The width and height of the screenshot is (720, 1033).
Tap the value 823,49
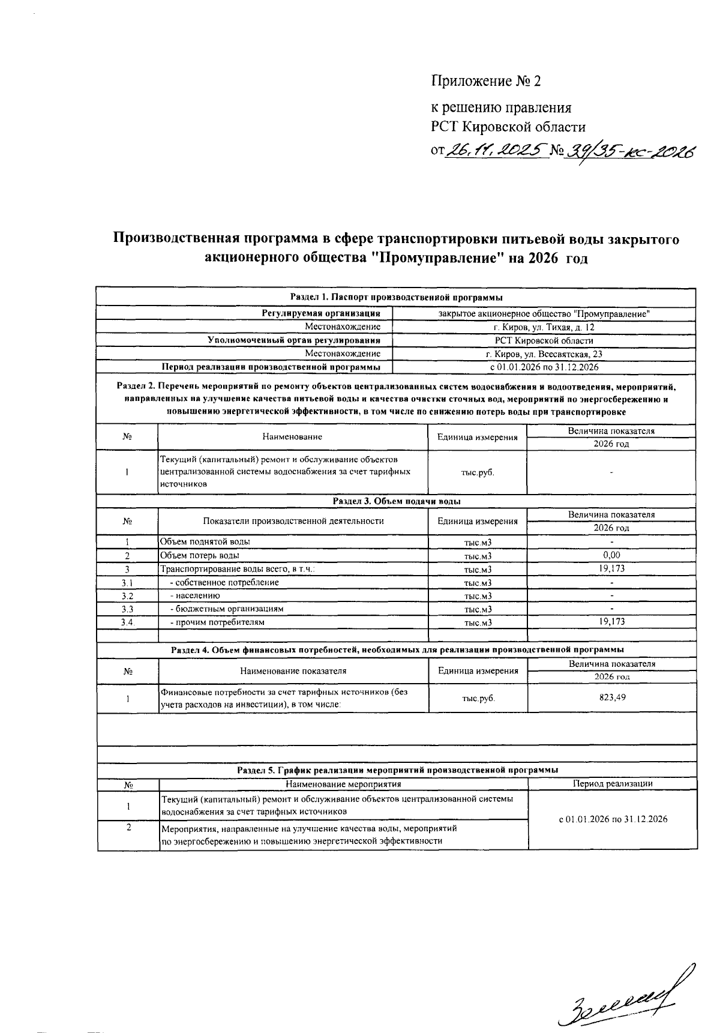tap(611, 697)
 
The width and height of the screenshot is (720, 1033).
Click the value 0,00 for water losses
tap(611, 555)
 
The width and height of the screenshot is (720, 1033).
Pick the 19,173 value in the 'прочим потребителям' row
tap(611, 621)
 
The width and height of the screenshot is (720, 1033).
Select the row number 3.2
tap(127, 596)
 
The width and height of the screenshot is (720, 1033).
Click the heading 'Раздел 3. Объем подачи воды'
tap(397, 501)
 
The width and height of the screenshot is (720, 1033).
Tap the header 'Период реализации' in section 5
tap(612, 783)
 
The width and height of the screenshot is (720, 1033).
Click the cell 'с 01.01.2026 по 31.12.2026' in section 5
tap(612, 819)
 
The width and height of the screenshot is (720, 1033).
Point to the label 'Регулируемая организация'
tap(321, 313)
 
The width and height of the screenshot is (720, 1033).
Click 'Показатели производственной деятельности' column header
tap(293, 521)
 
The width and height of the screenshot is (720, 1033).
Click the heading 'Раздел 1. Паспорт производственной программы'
tap(397, 297)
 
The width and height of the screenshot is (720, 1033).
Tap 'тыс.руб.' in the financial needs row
tap(478, 699)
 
